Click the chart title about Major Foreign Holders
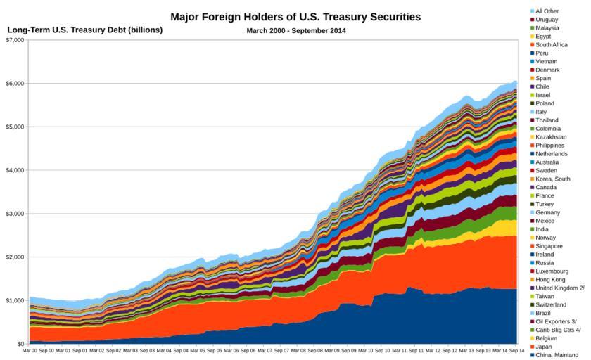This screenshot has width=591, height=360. coord(295,16)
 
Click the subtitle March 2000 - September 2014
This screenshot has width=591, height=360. coord(295,30)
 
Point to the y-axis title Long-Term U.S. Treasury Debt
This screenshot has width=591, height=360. coord(84,30)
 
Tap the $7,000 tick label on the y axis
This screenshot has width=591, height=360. coord(14,40)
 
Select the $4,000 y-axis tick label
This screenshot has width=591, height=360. coord(14,170)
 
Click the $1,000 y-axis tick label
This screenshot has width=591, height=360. coord(14,300)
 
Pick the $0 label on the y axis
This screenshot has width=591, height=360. coord(20,344)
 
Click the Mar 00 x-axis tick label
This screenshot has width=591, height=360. coord(30,350)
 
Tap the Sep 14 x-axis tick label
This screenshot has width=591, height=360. coord(516,350)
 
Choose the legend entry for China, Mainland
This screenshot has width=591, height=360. coord(557,355)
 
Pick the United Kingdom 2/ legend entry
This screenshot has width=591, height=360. coord(560,288)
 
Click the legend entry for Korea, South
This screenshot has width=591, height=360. coord(554,179)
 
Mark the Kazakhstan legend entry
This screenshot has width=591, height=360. coord(552,137)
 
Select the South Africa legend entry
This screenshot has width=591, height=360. coord(552,45)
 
